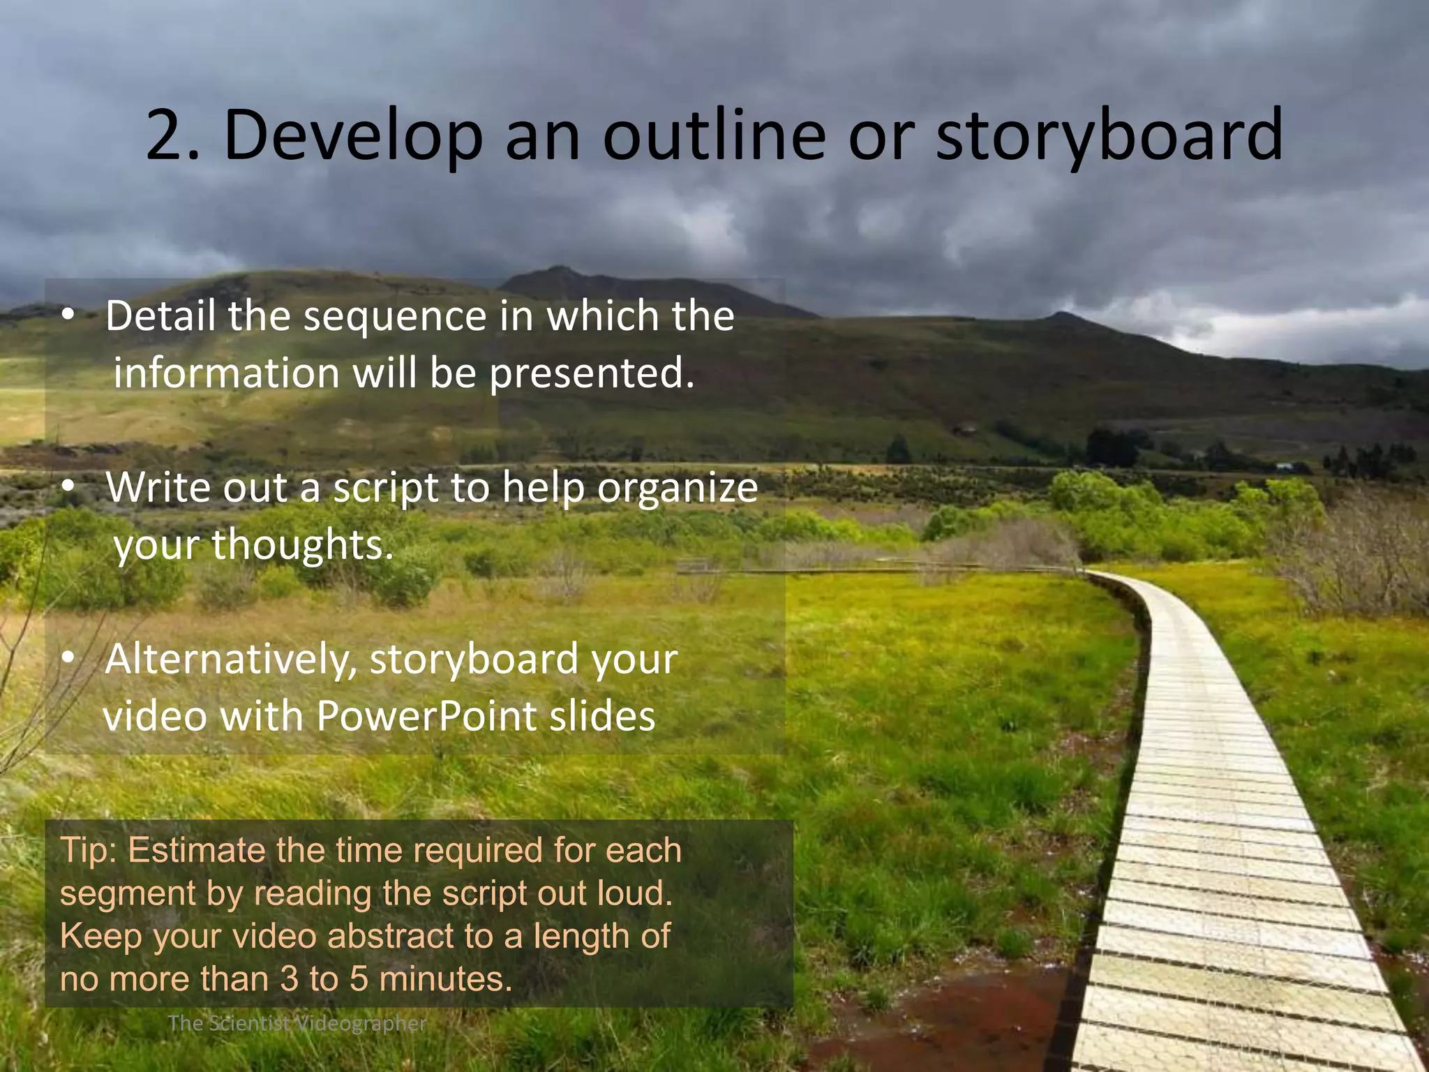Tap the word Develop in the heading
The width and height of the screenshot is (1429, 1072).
coord(353,136)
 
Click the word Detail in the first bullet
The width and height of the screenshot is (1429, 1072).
coord(160,315)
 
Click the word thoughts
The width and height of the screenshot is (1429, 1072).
coord(301,544)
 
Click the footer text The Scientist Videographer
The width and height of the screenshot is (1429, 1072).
coord(297,1024)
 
